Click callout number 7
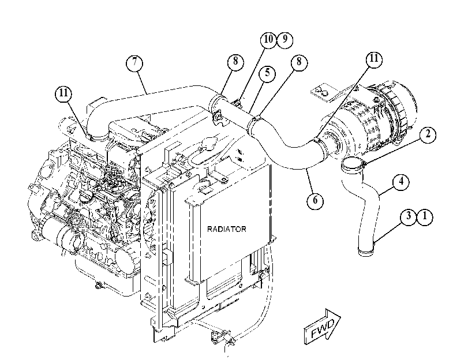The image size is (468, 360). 134,63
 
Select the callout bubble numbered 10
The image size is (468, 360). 268,39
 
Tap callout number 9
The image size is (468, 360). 284,39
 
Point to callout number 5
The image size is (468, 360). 267,73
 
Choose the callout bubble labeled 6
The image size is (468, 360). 315,200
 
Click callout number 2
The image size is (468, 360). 428,134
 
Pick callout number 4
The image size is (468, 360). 401,182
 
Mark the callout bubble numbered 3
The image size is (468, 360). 409,217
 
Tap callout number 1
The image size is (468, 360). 425,217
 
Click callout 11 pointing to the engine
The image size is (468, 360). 63,93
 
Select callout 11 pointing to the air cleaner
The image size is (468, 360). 374,59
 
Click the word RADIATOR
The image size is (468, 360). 227,229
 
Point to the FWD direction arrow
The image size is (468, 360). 323,327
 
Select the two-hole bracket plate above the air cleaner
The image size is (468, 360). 322,91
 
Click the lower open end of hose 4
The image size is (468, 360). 366,251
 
